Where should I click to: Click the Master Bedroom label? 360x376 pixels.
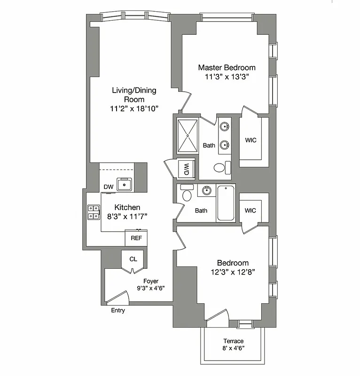(227, 68)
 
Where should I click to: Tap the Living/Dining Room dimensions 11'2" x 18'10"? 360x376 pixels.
(134, 109)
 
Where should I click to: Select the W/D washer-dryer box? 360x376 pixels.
(186, 169)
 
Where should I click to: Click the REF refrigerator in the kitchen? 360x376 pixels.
(136, 238)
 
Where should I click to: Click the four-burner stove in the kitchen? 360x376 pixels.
(93, 212)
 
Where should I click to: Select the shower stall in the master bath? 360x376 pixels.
(188, 135)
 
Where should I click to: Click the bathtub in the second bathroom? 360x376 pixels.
(227, 203)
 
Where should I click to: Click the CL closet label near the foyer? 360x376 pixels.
(133, 259)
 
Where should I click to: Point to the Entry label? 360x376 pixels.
(118, 311)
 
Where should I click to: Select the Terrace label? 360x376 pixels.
(233, 341)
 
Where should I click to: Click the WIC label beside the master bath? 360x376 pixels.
(250, 141)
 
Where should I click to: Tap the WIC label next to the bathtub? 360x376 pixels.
(250, 210)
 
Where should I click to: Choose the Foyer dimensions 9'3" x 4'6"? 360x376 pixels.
(151, 288)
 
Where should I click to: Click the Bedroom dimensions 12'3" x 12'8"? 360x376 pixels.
(233, 272)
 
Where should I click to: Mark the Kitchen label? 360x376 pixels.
(127, 207)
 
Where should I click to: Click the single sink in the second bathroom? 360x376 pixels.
(205, 190)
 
